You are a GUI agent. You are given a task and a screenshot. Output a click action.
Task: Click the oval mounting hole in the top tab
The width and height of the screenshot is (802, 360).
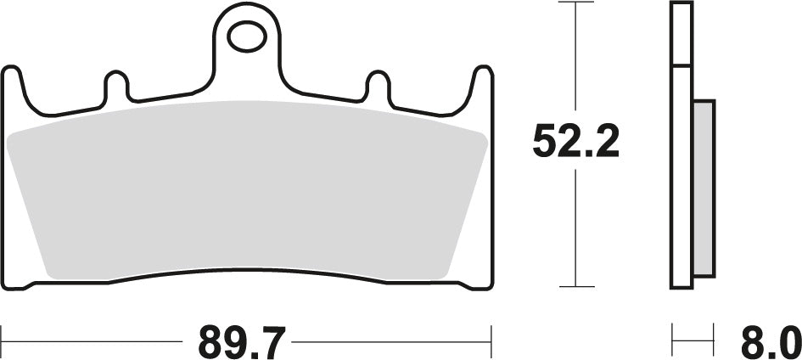point(246,37)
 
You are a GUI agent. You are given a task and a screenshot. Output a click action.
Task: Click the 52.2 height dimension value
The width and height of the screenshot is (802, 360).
point(576,142)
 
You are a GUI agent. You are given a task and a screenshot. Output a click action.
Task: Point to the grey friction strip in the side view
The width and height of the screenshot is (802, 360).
point(704,186)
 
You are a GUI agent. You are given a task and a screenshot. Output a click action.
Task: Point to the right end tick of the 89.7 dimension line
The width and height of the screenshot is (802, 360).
point(491,343)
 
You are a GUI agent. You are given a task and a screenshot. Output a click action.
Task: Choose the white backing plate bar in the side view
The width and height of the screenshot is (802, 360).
point(681,170)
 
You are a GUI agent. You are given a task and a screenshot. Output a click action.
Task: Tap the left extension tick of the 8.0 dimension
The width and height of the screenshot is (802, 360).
point(673,343)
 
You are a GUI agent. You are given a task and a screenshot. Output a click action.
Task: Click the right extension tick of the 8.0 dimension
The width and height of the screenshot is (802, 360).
point(714,343)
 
